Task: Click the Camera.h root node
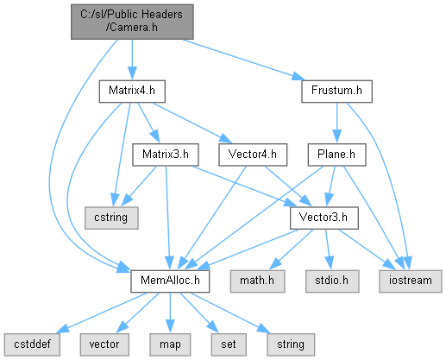click(x=132, y=22)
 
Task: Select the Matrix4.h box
click(x=132, y=92)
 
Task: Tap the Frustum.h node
click(x=336, y=92)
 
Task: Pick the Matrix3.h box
click(x=166, y=155)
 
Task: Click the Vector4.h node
click(x=253, y=155)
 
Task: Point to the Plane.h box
click(x=336, y=155)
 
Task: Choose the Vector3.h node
click(x=324, y=218)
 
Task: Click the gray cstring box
click(x=111, y=218)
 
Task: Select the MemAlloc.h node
click(x=170, y=281)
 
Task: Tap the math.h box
click(x=257, y=281)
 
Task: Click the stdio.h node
click(x=332, y=281)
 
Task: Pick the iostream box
click(x=411, y=281)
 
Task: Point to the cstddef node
click(x=32, y=344)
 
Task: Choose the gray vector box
click(x=104, y=344)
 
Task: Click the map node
click(x=170, y=344)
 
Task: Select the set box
click(x=229, y=344)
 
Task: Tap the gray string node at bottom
click(x=291, y=344)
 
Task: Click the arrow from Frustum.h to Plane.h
click(x=336, y=123)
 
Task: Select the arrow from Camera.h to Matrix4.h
click(x=132, y=60)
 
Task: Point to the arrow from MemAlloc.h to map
click(x=170, y=313)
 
